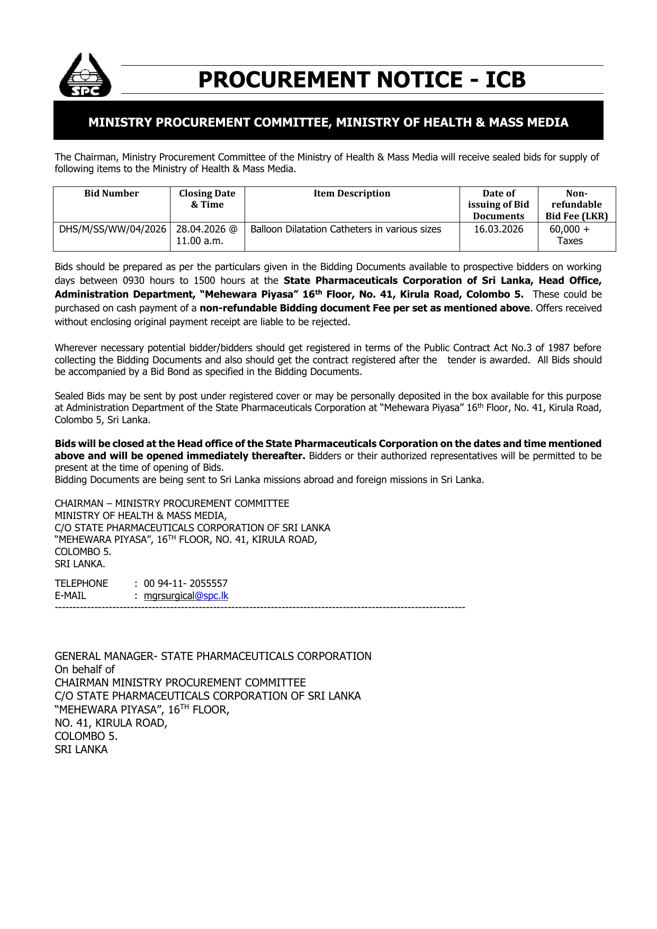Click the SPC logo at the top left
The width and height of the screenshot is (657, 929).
point(85,76)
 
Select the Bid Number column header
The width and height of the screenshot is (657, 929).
point(111,194)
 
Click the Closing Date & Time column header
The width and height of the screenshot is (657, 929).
point(207,199)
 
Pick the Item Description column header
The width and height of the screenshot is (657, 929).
point(352,194)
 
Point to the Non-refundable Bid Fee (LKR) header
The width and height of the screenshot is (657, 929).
point(577,204)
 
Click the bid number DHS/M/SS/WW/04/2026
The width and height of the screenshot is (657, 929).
point(112,229)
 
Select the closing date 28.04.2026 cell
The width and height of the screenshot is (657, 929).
point(206,235)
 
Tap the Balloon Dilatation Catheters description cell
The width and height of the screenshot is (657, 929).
point(345,229)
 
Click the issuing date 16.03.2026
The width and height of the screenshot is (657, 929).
point(498,229)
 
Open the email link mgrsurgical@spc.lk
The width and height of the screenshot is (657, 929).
point(186,596)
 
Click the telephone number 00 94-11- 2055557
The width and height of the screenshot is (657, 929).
point(185,584)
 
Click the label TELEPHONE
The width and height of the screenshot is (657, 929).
point(81,584)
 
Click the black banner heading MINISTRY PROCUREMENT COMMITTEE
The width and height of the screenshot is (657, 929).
point(328,122)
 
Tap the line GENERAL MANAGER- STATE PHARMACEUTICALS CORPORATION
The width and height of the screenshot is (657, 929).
point(213,656)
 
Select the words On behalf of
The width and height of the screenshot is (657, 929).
point(85,669)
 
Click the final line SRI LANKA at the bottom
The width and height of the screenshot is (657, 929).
point(81,749)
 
